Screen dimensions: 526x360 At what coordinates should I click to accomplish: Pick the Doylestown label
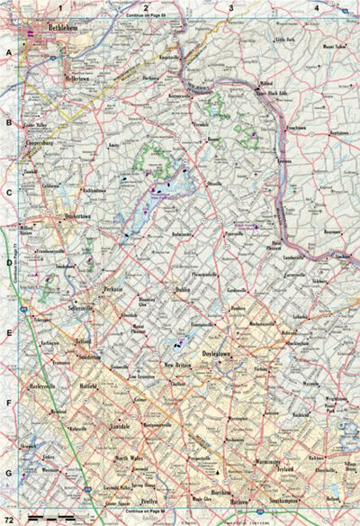coord(224,353)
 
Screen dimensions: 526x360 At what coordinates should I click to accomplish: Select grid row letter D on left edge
coord(8,264)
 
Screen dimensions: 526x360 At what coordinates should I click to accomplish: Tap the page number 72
coord(8,519)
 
